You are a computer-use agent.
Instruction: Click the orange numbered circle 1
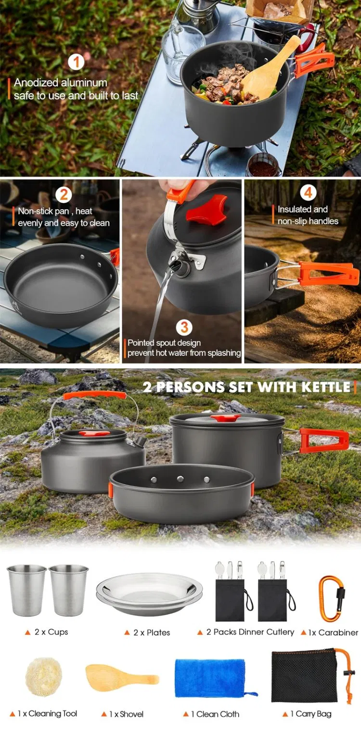pos(76,63)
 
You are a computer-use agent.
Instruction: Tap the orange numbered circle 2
pos(64,195)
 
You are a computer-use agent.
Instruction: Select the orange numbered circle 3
pos(184,327)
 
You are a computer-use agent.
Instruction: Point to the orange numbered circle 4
pos(308,193)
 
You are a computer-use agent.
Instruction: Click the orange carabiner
pos(330,599)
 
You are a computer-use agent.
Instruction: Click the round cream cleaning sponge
pos(41,676)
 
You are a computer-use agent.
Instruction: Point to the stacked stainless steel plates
pos(149,595)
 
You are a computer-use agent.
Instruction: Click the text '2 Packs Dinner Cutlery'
pos(250,632)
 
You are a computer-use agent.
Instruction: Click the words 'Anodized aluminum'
pos(60,83)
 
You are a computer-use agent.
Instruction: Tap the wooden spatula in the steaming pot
pos(268,71)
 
